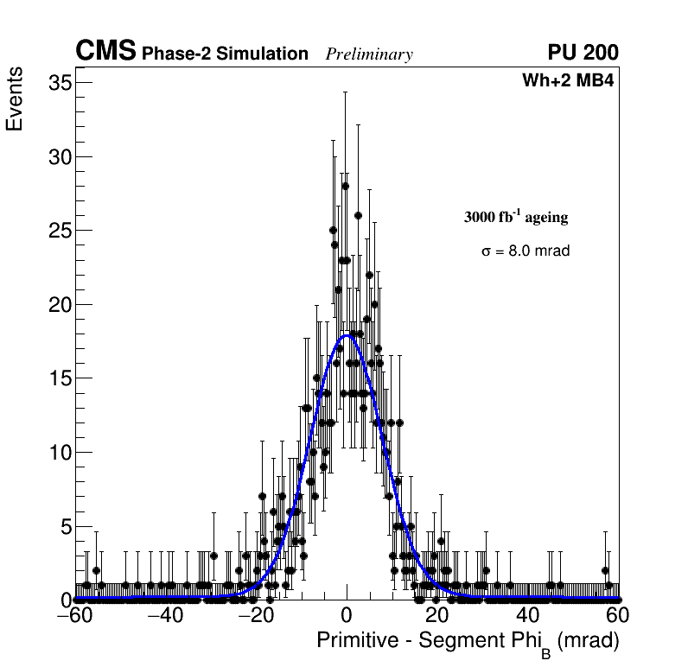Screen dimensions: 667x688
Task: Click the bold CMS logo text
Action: [105, 52]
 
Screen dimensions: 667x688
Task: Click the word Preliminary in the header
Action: [369, 54]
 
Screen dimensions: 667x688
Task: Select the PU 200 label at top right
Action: [583, 53]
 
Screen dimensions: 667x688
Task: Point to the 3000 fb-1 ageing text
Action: [516, 217]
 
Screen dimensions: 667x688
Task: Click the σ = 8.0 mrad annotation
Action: [526, 251]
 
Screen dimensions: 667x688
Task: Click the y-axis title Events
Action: [15, 102]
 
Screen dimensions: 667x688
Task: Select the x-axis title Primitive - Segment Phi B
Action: [468, 642]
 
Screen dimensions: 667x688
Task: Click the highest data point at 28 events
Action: [345, 186]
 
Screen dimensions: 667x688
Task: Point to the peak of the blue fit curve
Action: [347, 334]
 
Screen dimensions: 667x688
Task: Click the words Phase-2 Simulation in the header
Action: [225, 54]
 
